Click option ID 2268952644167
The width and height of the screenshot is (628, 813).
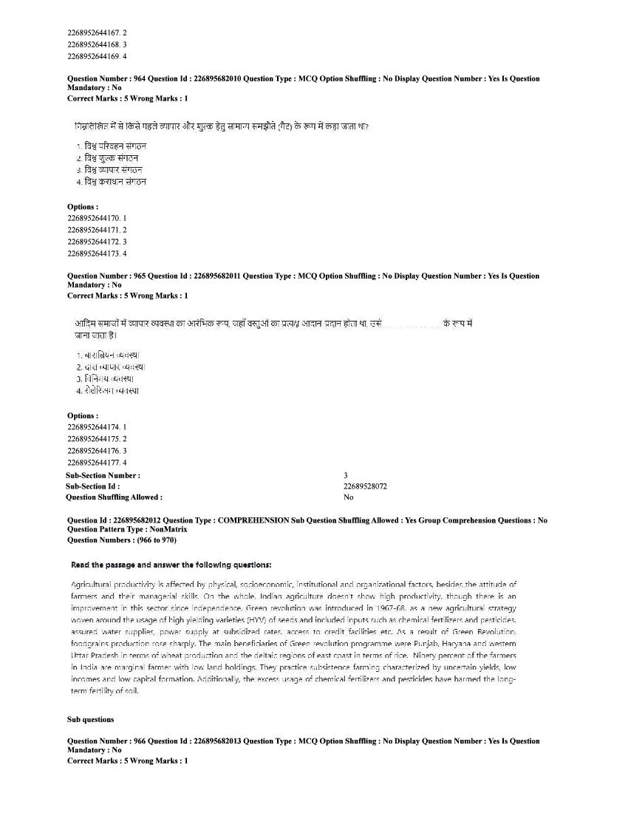[94, 33]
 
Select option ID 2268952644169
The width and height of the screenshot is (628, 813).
[94, 56]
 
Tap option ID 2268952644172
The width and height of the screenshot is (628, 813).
[94, 242]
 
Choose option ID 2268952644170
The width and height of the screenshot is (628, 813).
[94, 218]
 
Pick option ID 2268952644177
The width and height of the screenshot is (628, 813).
[94, 463]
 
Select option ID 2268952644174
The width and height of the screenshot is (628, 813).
[94, 427]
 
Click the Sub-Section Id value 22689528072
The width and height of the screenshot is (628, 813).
[365, 486]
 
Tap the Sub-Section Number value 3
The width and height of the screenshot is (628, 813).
[346, 475]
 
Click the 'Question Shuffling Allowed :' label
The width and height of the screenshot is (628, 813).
[115, 497]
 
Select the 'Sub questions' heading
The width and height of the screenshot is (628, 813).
[90, 719]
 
